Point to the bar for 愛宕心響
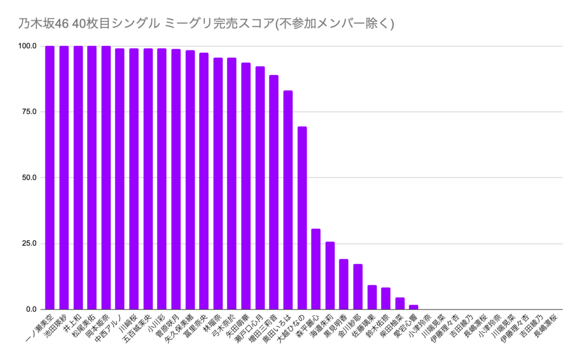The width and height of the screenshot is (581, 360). click(x=414, y=307)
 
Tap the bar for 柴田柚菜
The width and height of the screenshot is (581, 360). click(x=400, y=303)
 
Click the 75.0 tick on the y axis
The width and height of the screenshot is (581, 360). click(x=28, y=112)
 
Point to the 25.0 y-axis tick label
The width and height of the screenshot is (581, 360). click(x=28, y=244)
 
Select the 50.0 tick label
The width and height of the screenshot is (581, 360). click(x=28, y=178)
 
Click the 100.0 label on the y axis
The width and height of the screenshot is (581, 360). click(x=27, y=46)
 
